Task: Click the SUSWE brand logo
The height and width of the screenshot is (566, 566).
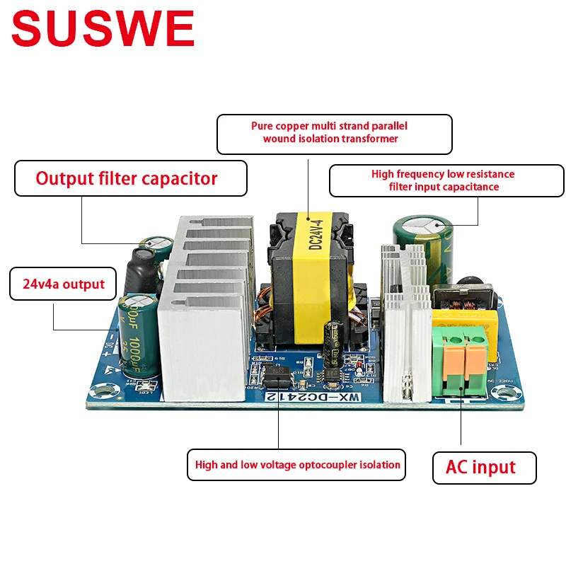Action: click(x=103, y=30)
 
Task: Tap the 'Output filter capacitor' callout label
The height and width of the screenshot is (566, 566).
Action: click(x=131, y=178)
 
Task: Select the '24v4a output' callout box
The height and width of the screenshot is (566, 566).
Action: click(x=62, y=284)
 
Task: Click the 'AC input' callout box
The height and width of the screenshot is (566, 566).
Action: click(x=484, y=468)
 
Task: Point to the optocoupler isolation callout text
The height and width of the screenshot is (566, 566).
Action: click(x=296, y=466)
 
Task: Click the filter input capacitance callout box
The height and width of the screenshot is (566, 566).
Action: click(x=446, y=180)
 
